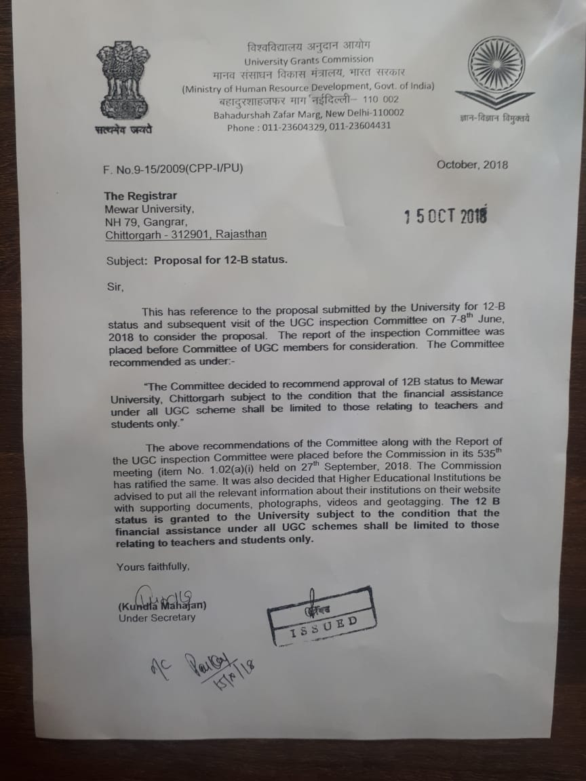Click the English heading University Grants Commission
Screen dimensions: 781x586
pos(309,60)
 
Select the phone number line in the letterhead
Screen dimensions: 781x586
pos(309,127)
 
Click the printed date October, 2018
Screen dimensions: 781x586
pos(471,165)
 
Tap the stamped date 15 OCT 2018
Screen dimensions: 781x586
pos(445,216)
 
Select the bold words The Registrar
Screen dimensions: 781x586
pos(140,196)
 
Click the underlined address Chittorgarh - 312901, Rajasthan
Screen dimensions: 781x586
pos(186,235)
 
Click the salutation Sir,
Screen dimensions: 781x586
pos(116,286)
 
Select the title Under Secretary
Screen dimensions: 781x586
pos(157,617)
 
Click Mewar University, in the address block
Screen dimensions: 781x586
pos(149,209)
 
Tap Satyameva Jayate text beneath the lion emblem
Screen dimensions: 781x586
pos(123,129)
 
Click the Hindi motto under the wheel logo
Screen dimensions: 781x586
pos(494,119)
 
